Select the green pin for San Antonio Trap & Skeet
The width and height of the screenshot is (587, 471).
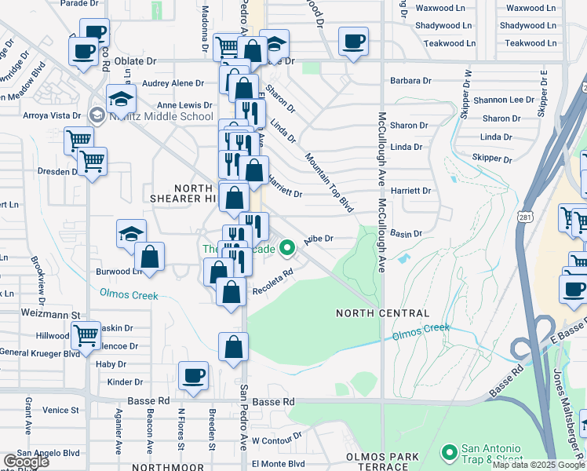click(450, 452)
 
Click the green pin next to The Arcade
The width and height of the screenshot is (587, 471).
click(288, 249)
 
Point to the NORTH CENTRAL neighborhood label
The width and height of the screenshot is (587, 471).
click(371, 313)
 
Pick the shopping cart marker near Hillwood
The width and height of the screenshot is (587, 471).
click(86, 335)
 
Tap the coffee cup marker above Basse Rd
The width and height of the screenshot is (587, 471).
click(193, 375)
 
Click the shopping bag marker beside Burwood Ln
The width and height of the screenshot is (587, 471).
click(149, 256)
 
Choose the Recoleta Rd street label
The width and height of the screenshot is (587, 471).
click(272, 290)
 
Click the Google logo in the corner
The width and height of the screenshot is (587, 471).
click(27, 462)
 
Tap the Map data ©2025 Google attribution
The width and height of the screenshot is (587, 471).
click(538, 465)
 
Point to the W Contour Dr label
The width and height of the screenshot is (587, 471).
click(277, 441)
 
